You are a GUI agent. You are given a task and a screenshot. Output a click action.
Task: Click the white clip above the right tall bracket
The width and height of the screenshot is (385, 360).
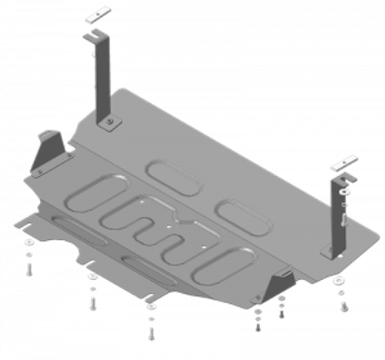[x=343, y=163]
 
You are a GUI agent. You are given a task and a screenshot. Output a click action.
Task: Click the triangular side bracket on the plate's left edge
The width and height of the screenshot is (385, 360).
[x=49, y=150]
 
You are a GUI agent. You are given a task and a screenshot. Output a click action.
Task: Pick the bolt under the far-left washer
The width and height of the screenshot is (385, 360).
[x=29, y=267]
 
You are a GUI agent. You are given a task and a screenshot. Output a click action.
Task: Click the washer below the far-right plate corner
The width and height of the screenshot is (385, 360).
[x=338, y=282]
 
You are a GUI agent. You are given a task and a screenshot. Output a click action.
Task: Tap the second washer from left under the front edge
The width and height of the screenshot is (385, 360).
[x=92, y=278]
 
